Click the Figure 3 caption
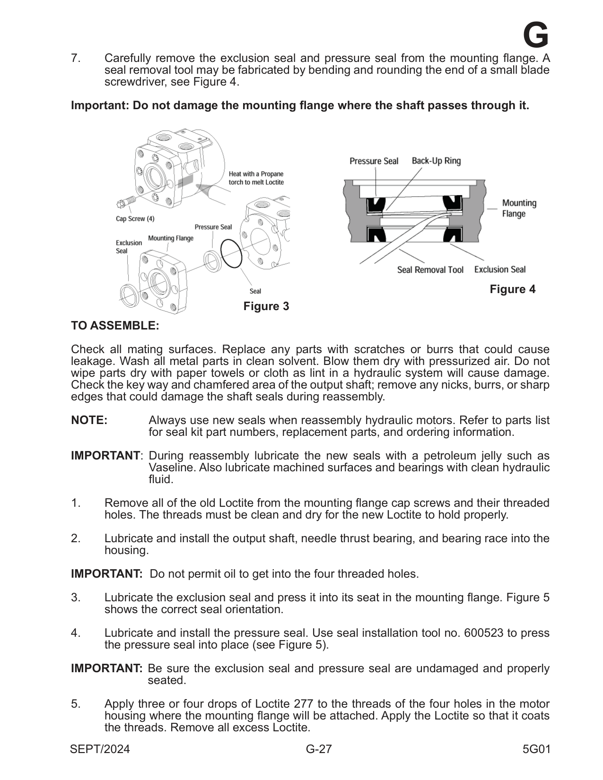[266, 306]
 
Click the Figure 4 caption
[512, 289]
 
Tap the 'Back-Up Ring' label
[436, 161]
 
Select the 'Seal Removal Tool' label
[430, 270]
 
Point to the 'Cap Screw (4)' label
[135, 219]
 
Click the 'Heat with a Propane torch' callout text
[256, 178]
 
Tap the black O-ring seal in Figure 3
[231, 253]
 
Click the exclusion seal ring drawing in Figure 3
[128, 294]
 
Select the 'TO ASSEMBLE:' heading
[115, 326]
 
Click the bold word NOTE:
[89, 420]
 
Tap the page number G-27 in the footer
[319, 749]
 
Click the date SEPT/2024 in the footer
[100, 749]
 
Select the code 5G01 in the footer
[536, 749]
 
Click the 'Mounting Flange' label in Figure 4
[519, 208]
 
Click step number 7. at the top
[76, 59]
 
